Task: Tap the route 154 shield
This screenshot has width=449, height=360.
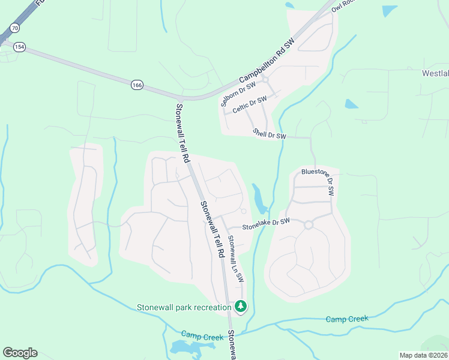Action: [20, 47]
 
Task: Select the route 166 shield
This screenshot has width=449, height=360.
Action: [137, 86]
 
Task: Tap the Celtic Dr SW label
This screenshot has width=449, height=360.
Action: [249, 104]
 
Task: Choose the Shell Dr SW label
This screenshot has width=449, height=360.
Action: [270, 134]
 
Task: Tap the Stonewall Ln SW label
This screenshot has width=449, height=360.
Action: [235, 259]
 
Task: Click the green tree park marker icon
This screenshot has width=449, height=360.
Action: [241, 307]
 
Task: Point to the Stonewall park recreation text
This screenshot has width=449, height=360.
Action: [184, 308]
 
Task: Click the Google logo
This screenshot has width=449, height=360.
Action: [20, 353]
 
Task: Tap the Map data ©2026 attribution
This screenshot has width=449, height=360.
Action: [423, 355]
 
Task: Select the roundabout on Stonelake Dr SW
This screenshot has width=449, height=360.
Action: [309, 225]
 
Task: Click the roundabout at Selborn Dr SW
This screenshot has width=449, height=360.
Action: [265, 79]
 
